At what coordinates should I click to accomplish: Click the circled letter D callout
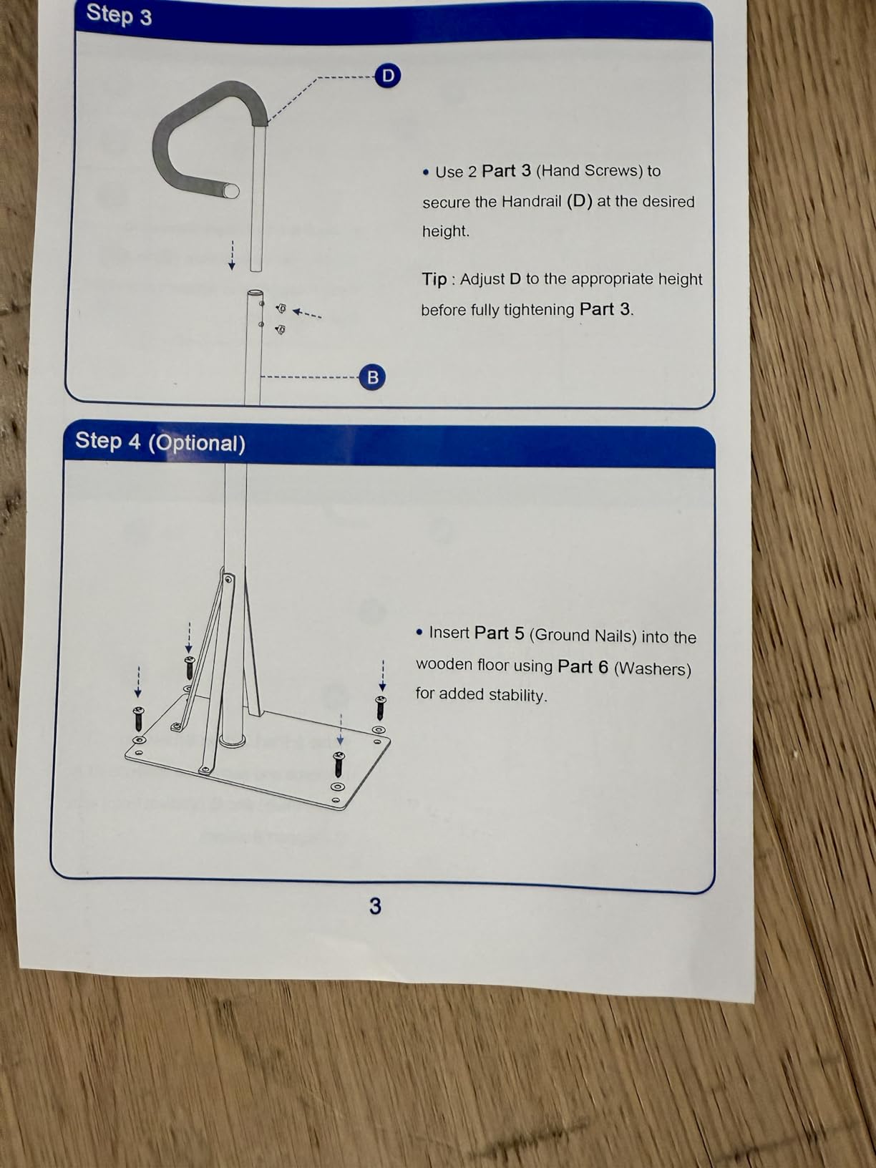[388, 76]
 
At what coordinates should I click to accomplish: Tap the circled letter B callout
[372, 376]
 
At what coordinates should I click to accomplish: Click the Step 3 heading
[119, 15]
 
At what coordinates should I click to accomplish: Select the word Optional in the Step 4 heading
[197, 443]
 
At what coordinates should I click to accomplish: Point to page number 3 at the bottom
[375, 906]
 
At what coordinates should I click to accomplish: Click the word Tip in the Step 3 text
[434, 279]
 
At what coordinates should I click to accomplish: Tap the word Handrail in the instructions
[532, 202]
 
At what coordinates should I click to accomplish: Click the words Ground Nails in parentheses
[583, 636]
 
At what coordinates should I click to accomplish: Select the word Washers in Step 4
[653, 668]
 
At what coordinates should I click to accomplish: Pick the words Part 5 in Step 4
[499, 633]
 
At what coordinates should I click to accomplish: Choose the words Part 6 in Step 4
[583, 667]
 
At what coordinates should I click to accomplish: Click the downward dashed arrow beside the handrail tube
[232, 255]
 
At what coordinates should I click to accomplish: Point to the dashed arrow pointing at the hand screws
[307, 313]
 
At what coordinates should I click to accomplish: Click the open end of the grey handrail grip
[231, 190]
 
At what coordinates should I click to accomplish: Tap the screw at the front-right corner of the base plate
[339, 764]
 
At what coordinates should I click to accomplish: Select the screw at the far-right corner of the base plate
[381, 707]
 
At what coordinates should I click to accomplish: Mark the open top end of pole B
[255, 293]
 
